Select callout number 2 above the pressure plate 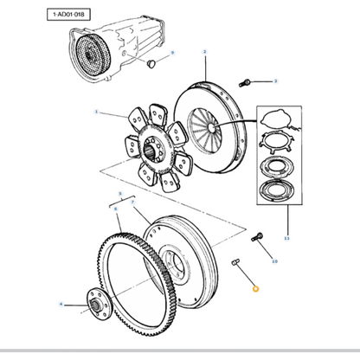tap(204, 52)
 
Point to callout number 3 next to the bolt tap(274, 81)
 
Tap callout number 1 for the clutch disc tap(97, 112)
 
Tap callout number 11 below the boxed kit tap(287, 235)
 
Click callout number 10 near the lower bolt tap(274, 260)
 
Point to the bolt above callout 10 tap(256, 236)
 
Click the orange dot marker tap(254, 290)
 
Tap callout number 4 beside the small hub tap(61, 304)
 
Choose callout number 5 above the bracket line tap(120, 196)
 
